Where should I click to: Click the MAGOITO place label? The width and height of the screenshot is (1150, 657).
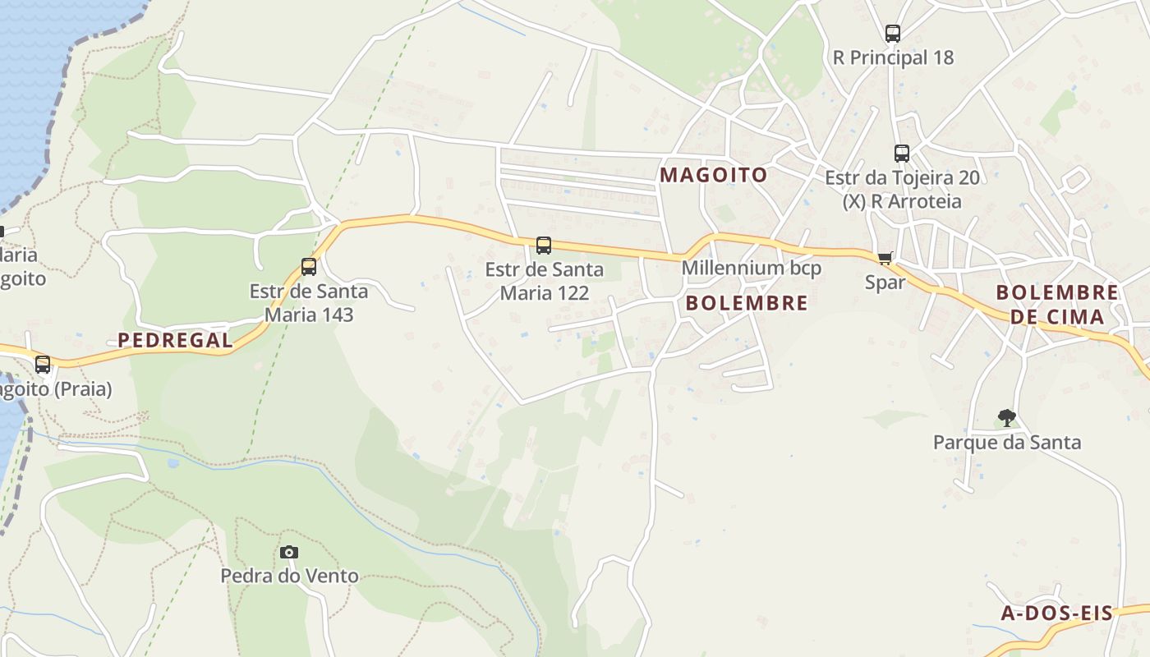[713, 175]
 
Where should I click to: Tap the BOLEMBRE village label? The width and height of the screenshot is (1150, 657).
[746, 303]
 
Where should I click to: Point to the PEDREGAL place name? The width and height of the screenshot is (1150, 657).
[175, 340]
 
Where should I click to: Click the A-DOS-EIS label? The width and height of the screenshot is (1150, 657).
[1056, 613]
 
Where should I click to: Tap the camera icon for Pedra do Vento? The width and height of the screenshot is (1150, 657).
[289, 552]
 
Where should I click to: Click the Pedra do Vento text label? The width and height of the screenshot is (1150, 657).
[289, 576]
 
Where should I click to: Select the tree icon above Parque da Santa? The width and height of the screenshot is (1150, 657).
[1007, 418]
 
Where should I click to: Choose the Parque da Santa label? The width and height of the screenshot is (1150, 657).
[1007, 443]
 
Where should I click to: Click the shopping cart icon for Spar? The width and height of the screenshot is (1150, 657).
[885, 259]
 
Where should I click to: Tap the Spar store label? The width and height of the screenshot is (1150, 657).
[885, 283]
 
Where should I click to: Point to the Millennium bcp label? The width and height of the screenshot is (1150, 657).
[751, 268]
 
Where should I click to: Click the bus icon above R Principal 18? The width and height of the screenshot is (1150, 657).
[893, 34]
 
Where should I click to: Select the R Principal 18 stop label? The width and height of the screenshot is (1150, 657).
[893, 57]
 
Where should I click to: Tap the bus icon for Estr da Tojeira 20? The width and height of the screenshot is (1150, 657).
[902, 153]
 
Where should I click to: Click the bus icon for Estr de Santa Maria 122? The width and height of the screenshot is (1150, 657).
[544, 245]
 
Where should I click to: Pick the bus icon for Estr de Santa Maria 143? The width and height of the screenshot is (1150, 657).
[309, 267]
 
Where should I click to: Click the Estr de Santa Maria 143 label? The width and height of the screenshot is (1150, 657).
[309, 302]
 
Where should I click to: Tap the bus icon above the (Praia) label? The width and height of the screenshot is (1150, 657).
[43, 364]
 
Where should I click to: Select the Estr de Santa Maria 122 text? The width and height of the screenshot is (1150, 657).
[544, 281]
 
